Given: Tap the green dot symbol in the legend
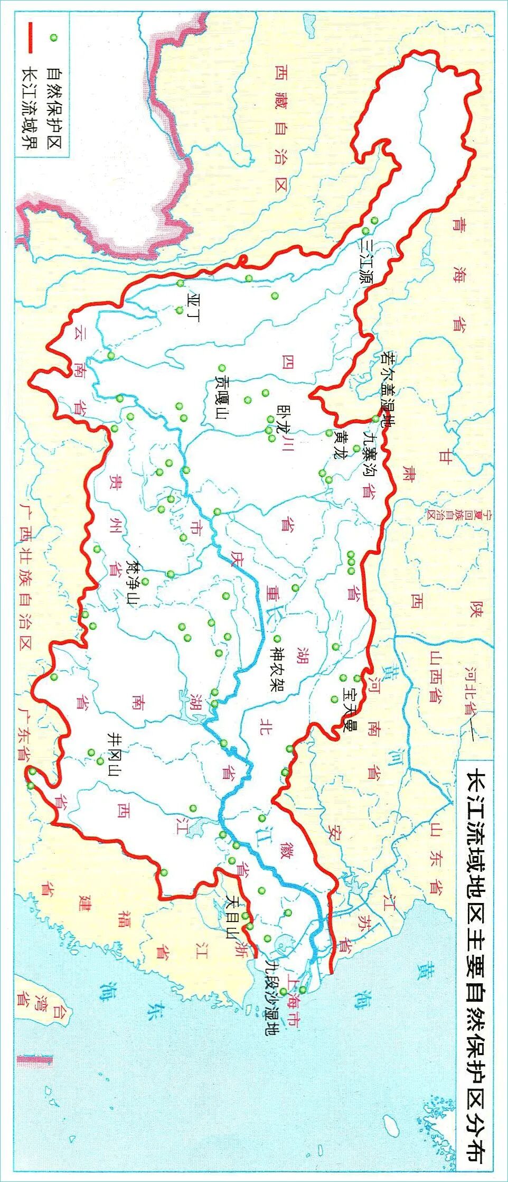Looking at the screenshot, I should [52, 38].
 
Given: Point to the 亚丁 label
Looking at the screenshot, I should [193, 307].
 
